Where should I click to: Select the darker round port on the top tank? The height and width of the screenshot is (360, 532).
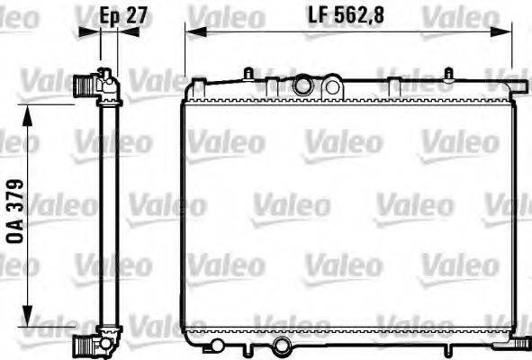click(x=302, y=86)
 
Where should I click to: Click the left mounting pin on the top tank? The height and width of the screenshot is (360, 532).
click(x=247, y=72)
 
